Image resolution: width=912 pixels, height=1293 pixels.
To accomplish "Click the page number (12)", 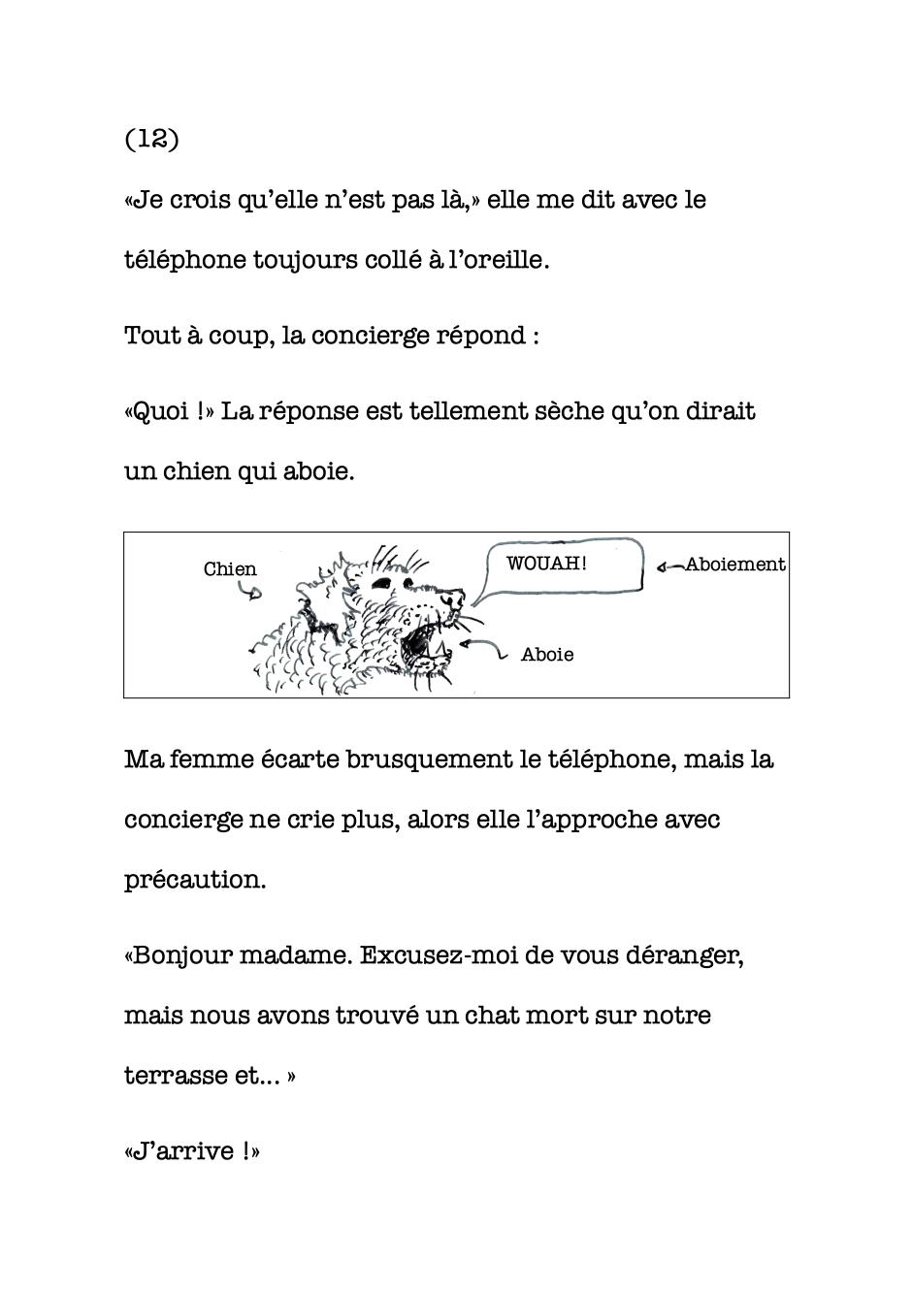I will (152, 139).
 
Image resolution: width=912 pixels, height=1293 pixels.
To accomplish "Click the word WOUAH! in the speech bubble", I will (546, 563).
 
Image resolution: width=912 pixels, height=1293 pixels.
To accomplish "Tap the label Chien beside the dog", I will (230, 569).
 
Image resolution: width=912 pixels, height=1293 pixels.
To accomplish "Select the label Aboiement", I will (734, 565).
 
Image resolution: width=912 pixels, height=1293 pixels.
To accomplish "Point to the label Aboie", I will (547, 655).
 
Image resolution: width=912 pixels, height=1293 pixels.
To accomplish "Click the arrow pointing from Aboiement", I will (669, 566).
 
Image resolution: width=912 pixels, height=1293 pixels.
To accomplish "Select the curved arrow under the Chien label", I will (250, 590).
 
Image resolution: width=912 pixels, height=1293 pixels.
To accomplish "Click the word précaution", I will (194, 880).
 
